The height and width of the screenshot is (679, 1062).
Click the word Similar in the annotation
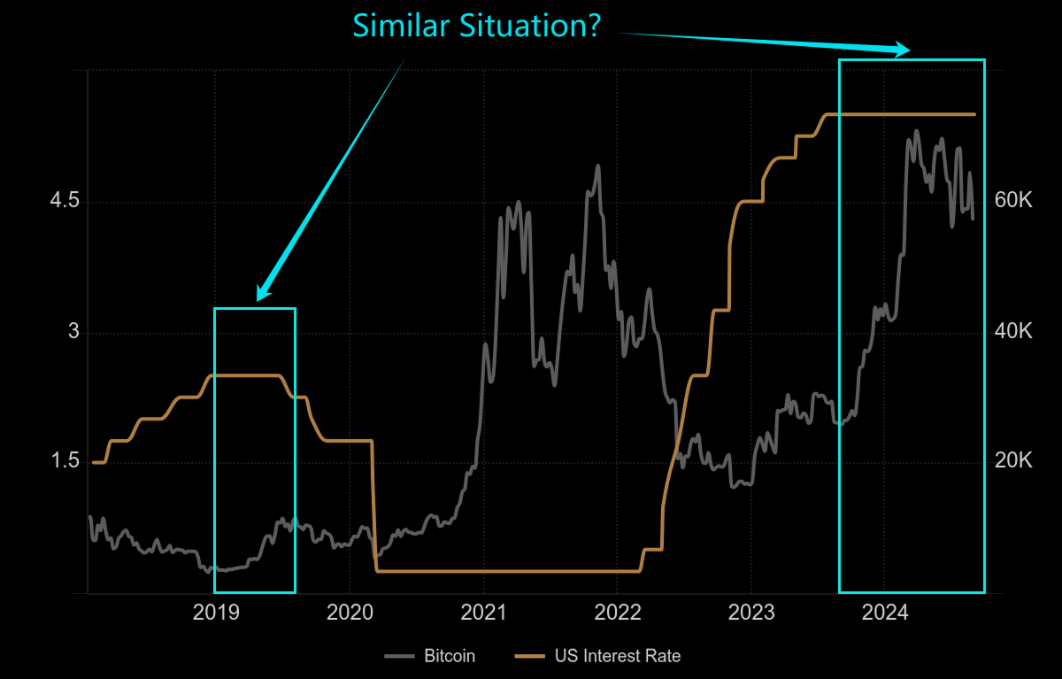(x=397, y=25)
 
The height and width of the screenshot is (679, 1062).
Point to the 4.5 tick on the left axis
(x=65, y=202)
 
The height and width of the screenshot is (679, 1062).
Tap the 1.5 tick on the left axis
(x=65, y=461)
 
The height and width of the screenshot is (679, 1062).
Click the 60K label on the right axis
(x=1013, y=202)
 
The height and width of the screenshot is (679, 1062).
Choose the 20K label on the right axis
(x=1013, y=461)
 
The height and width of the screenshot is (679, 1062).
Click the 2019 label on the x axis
(x=215, y=613)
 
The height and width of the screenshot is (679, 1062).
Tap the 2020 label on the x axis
(x=350, y=613)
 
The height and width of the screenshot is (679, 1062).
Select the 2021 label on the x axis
(x=483, y=613)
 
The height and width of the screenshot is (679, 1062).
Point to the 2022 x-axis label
(x=618, y=613)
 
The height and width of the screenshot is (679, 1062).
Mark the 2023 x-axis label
(x=751, y=613)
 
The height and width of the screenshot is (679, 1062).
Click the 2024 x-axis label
(x=885, y=613)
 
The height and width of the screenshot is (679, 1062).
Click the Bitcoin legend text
(x=450, y=656)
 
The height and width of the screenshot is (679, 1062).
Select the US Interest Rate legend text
(x=618, y=656)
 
